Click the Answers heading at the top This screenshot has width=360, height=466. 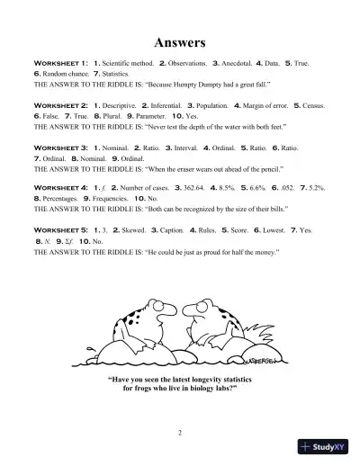181,42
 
